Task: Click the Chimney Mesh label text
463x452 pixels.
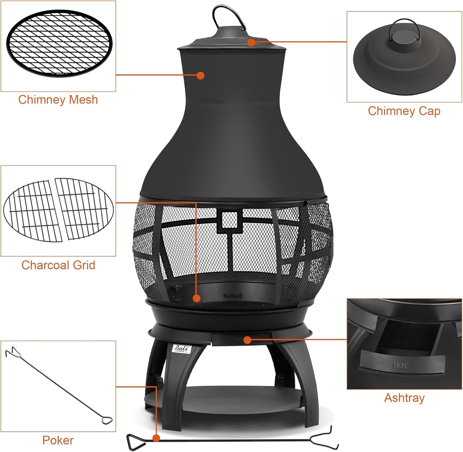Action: (58, 100)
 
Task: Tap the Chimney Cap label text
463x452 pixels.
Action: (404, 111)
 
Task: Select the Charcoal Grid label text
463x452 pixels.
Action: (58, 265)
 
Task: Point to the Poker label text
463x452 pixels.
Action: (58, 440)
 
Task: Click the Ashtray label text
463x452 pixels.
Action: (404, 398)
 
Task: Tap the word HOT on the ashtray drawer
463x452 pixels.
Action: (400, 365)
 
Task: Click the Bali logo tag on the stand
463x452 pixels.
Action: (182, 349)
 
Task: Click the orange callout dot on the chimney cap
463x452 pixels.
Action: (252, 42)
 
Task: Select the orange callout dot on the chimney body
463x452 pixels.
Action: (201, 76)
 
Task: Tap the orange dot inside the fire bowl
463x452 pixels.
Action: (197, 298)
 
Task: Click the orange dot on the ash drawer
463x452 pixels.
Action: (247, 340)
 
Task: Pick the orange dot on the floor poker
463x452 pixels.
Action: (156, 438)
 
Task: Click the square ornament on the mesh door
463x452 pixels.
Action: (230, 221)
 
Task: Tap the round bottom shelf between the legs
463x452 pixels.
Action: (224, 399)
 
